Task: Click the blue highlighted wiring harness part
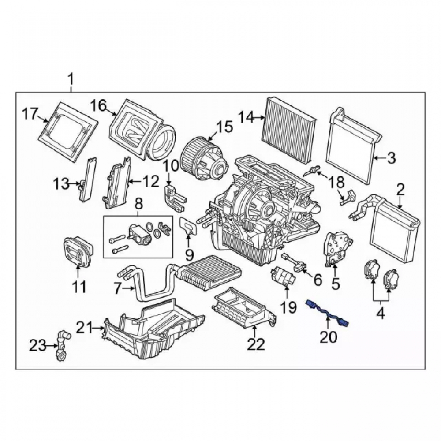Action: [x=327, y=313]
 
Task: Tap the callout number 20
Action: [x=328, y=337]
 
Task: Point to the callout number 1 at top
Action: [x=71, y=79]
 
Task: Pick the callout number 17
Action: [x=30, y=114]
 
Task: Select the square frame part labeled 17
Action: [x=68, y=131]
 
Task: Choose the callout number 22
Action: [x=256, y=344]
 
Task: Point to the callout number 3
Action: [x=391, y=158]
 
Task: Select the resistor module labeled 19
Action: [x=283, y=276]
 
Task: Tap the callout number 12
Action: [x=150, y=182]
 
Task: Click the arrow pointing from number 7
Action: [x=128, y=288]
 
